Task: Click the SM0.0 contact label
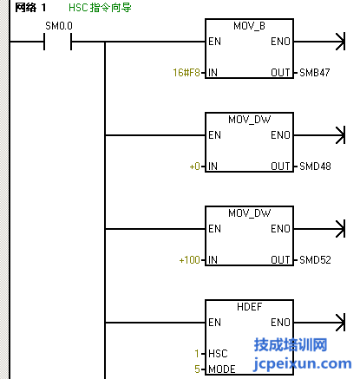tap(59, 26)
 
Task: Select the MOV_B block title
tap(249, 26)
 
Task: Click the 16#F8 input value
tap(187, 73)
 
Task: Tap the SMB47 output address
tap(315, 73)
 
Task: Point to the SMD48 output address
tap(315, 167)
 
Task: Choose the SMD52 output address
tap(315, 260)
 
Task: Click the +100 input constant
tap(190, 260)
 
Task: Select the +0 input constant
tap(195, 167)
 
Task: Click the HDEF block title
tap(250, 307)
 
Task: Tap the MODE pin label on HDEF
tap(222, 369)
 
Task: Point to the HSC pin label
tap(218, 354)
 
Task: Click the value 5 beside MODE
tap(197, 369)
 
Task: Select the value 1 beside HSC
tap(197, 354)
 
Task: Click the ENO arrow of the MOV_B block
tap(319, 42)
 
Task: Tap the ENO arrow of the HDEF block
tap(319, 323)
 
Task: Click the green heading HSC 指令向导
tap(100, 8)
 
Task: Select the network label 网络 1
tap(30, 8)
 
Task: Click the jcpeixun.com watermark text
tap(303, 364)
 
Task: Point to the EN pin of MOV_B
tap(214, 42)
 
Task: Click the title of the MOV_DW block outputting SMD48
tap(250, 120)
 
